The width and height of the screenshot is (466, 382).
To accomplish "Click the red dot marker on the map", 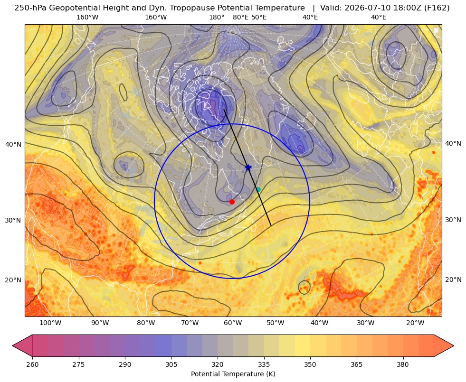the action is [x=232, y=202].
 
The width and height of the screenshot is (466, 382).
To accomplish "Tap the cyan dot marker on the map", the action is [x=258, y=189].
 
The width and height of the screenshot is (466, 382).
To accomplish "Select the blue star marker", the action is [x=248, y=168].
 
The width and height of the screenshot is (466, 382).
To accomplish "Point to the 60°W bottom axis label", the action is [x=233, y=323].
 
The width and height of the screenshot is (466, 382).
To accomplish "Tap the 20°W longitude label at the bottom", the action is [x=415, y=323].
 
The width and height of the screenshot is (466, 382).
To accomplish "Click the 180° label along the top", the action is [x=217, y=17].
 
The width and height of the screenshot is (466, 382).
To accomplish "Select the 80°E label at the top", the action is [x=240, y=17].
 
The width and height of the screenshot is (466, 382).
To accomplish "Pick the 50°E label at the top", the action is [x=259, y=17].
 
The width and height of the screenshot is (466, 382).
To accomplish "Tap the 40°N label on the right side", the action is [x=453, y=144].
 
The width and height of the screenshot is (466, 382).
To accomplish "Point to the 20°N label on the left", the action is [x=13, y=280].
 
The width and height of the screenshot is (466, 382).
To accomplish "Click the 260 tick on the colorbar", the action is [x=32, y=364].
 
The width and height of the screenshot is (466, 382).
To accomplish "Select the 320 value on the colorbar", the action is [x=218, y=364].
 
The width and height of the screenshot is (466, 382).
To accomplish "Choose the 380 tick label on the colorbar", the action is [x=403, y=364].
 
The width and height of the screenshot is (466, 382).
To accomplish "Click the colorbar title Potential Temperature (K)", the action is [x=233, y=374].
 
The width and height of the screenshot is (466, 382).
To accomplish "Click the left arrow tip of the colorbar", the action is [x=12, y=345].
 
